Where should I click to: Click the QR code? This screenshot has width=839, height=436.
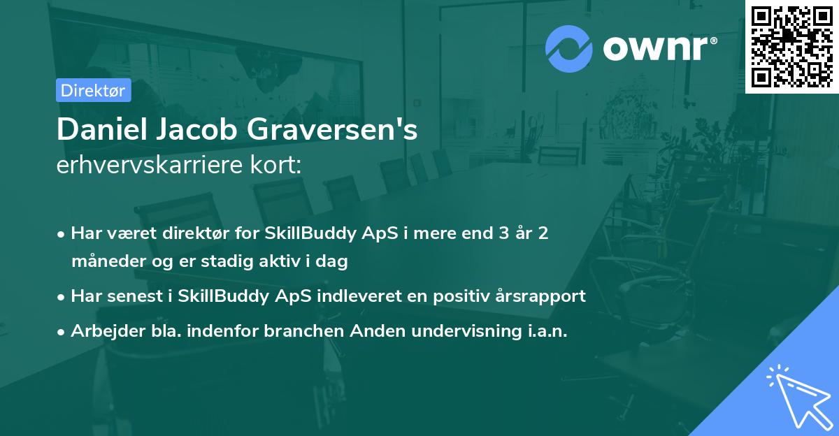click(791, 46)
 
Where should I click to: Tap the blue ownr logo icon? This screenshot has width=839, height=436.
click(569, 48)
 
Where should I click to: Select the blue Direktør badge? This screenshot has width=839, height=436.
click(93, 90)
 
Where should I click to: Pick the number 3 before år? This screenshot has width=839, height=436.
click(502, 233)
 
